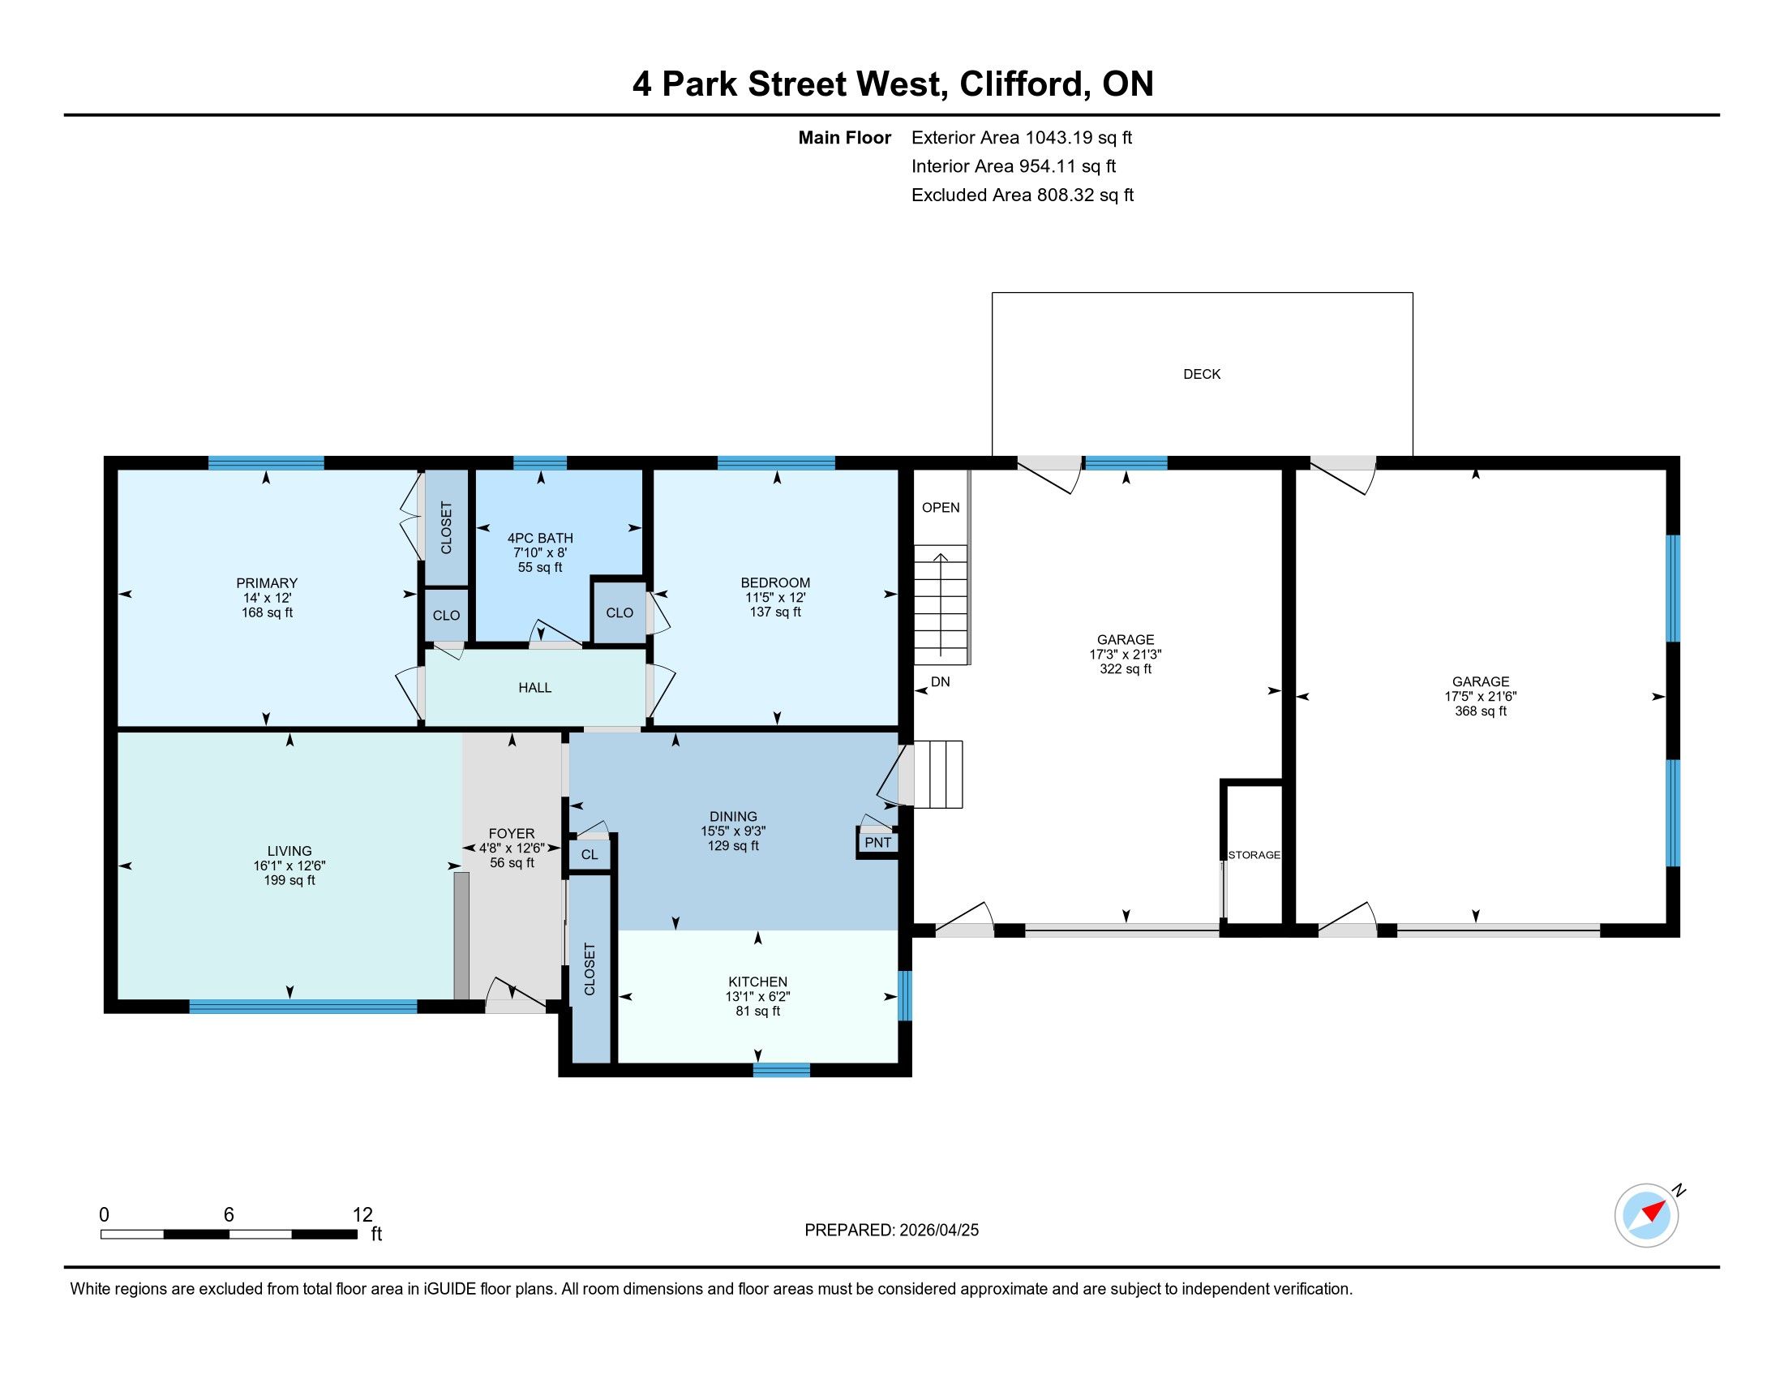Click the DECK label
pos(1202,374)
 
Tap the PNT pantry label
pos(878,842)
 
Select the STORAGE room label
pos(1254,854)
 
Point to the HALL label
pos(535,688)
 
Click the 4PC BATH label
pos(540,538)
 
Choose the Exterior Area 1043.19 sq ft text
pos(1022,137)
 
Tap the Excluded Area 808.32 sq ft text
pos(1023,195)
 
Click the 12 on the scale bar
pos(362,1215)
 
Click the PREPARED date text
pos(891,1230)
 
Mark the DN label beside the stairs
pos(940,681)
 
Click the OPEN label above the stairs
pos(941,507)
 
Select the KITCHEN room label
pos(758,982)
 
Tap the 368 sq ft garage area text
pos(1481,711)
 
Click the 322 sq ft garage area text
pos(1126,668)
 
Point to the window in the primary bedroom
pos(266,463)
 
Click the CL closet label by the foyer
pos(590,854)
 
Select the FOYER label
pos(512,833)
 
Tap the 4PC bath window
pos(540,463)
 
